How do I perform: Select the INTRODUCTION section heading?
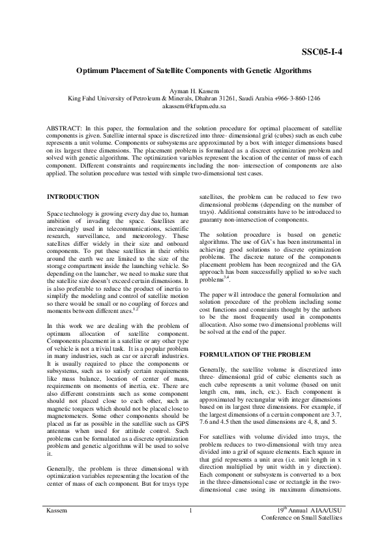point(74,196)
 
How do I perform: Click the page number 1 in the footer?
point(188,527)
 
